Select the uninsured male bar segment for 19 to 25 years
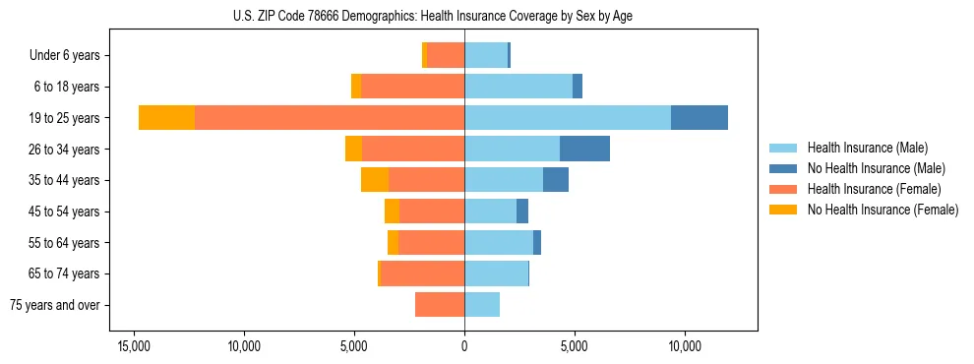point(699,118)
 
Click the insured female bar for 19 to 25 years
point(330,118)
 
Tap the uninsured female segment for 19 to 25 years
point(166,118)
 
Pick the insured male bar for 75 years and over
point(482,305)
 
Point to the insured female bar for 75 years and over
point(440,305)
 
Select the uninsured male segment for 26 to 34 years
point(584,150)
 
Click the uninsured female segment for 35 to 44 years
point(375,180)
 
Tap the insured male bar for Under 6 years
point(486,56)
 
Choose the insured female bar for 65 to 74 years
point(422,273)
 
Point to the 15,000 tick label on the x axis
point(134,346)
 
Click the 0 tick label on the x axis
point(464,346)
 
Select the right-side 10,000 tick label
point(684,346)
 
